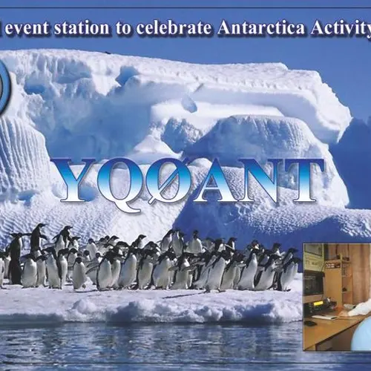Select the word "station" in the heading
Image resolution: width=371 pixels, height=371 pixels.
(82, 27)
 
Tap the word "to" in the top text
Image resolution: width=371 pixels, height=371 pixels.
(123, 28)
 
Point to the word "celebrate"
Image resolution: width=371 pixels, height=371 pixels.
(174, 27)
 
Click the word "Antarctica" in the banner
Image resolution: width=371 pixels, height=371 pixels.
(261, 27)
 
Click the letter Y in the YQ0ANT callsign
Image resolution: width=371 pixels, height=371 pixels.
(78, 180)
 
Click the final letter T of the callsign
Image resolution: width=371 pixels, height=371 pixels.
(302, 180)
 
